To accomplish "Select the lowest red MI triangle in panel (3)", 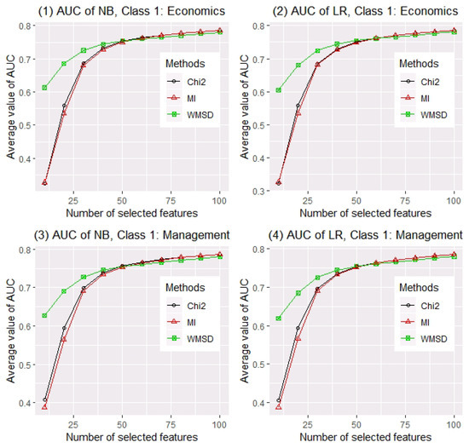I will pyautogui.click(x=44, y=407).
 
